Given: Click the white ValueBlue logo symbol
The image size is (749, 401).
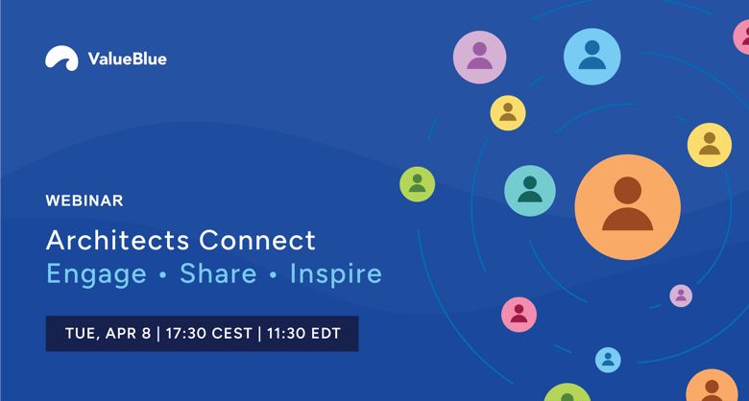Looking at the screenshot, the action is pos(61,59).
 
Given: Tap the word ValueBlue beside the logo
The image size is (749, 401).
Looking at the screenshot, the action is pos(127,59).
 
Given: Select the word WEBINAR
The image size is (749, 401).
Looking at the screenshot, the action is pos(85,200).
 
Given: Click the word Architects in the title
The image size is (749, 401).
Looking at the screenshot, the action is pos(118,240).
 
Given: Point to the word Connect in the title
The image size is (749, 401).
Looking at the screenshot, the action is pos(257,240).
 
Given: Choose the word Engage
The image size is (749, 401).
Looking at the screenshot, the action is pos(96,275).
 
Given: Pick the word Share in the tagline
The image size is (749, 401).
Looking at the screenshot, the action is pos(218,273).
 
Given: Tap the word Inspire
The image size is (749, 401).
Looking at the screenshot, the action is pos(336,275).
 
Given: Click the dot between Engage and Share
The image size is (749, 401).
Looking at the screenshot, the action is pos(163,275).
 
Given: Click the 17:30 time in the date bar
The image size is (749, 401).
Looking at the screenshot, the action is pos(184,333).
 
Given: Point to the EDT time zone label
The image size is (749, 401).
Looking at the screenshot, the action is pos(326,333).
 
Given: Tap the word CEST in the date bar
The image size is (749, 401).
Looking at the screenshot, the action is pos(231,333).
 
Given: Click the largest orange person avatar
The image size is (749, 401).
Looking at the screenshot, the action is pos(628,207).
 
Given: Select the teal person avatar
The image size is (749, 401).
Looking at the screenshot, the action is pos(530,191).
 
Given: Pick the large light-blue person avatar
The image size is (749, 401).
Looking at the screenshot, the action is pos(592,57).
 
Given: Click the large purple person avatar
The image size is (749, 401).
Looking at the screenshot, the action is pos(479,58).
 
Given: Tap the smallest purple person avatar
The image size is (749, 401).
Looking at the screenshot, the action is pos(681,296).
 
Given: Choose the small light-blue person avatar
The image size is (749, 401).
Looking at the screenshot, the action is pos(608,360).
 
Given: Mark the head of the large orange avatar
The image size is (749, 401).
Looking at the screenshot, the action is pos(628,190).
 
